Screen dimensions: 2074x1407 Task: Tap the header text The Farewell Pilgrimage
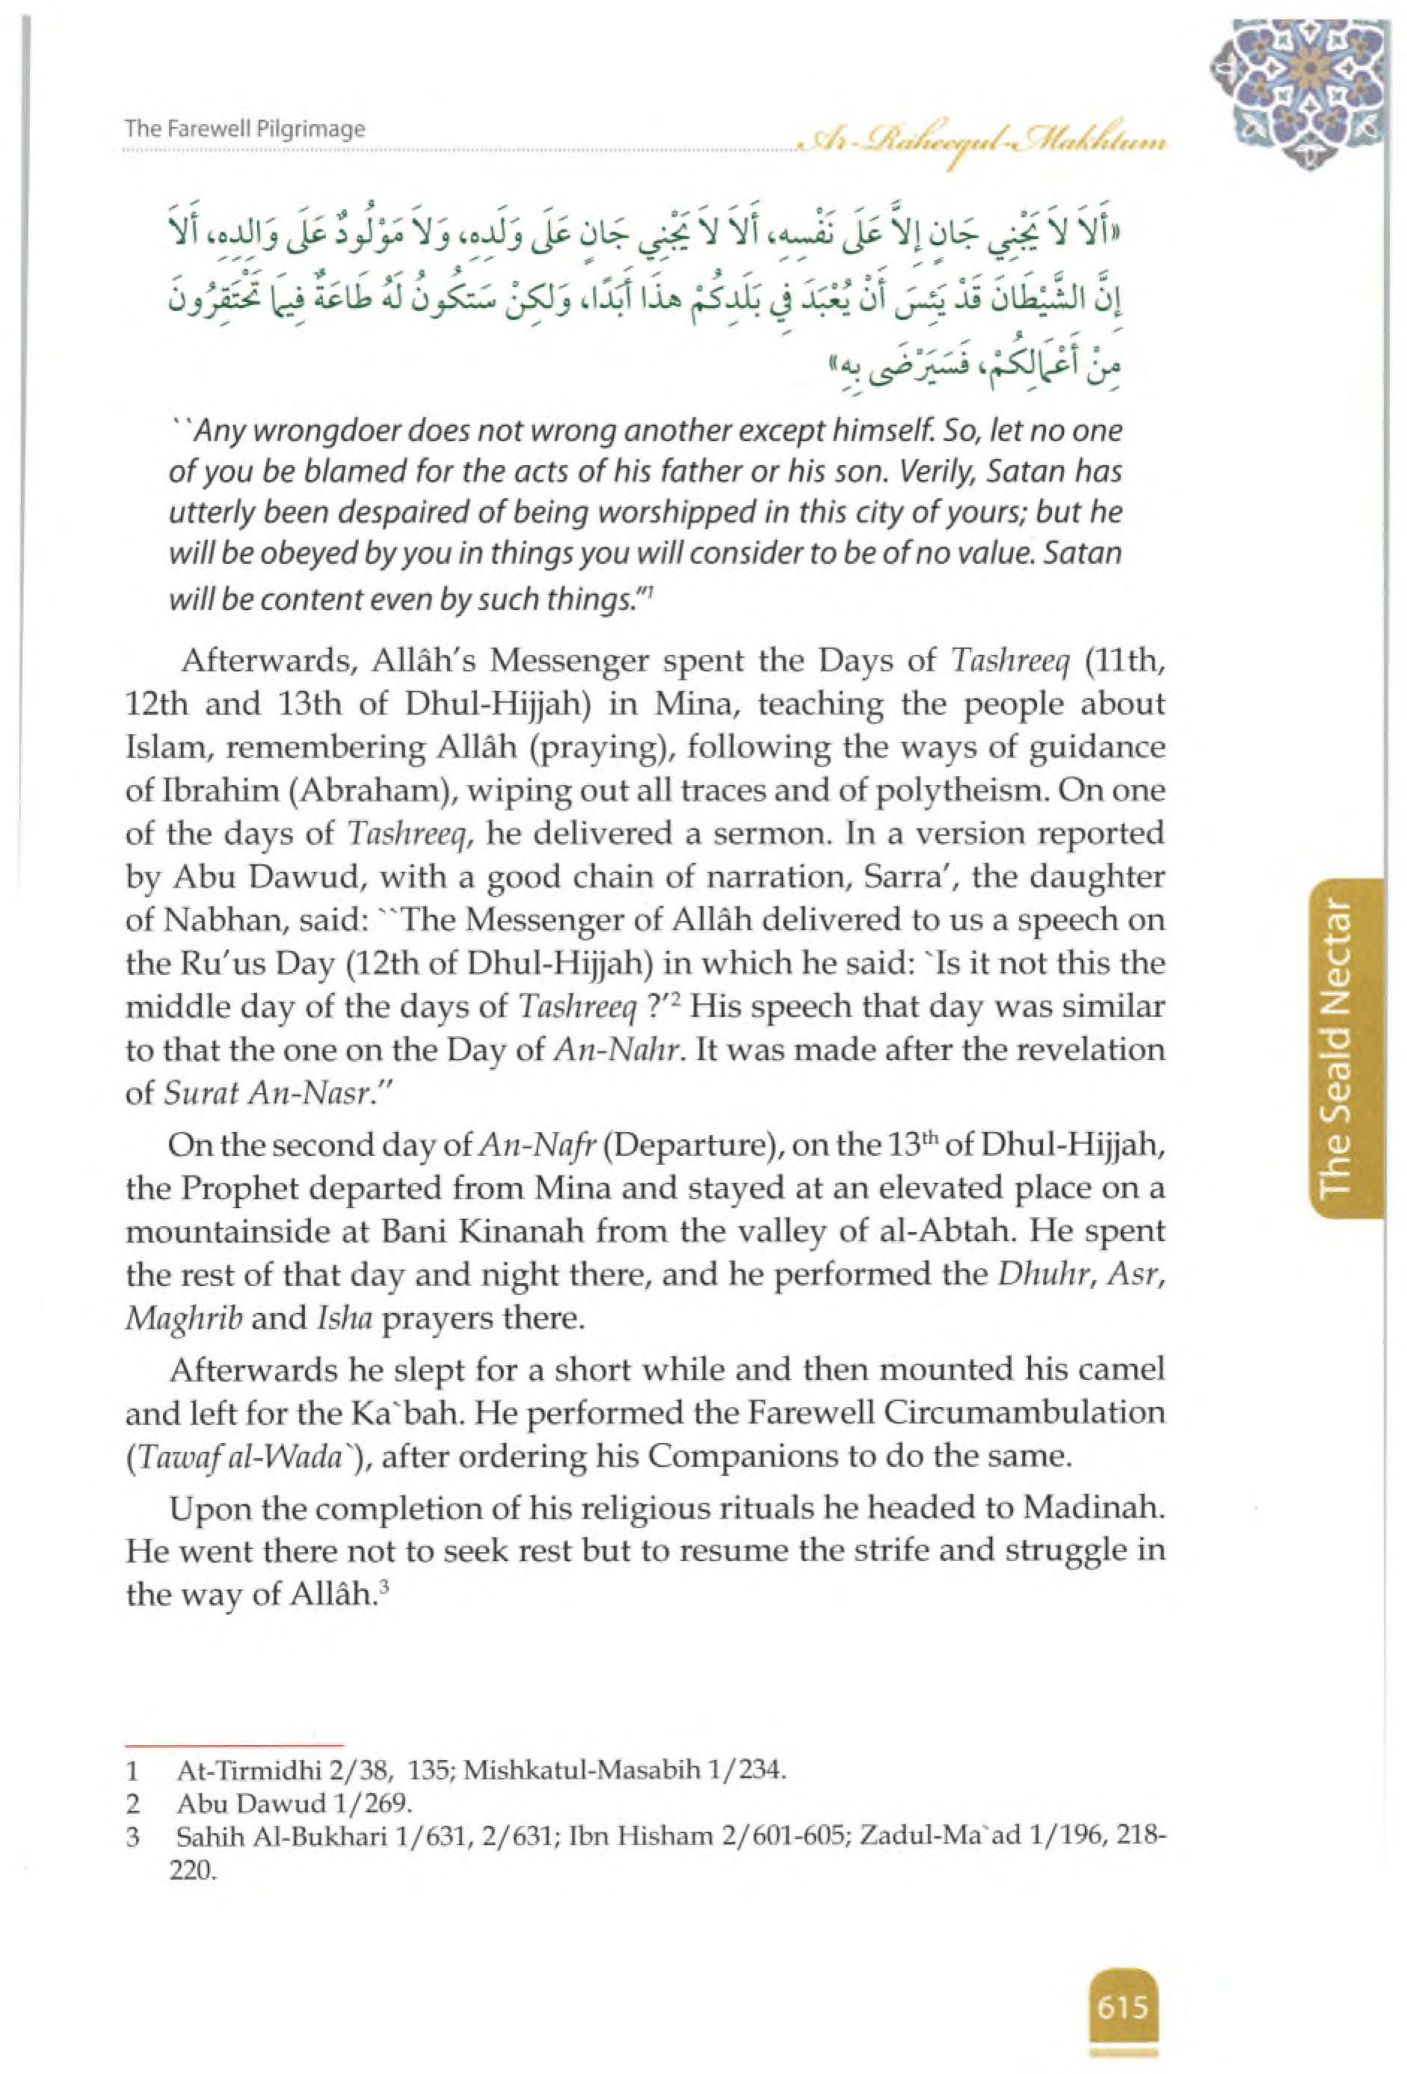coord(245,129)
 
